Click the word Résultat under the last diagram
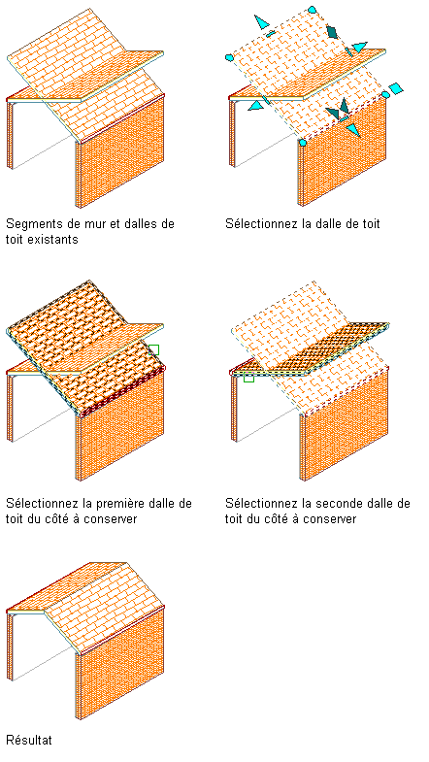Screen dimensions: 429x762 [29, 740]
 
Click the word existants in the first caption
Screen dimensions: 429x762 [57, 239]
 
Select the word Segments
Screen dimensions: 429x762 [29, 224]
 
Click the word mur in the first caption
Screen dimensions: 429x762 [81, 224]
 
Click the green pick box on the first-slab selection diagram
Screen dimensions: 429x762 [153, 349]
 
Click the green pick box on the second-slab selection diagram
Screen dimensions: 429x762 [248, 377]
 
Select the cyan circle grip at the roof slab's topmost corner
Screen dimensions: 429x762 [312, 10]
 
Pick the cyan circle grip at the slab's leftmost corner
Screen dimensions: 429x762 [229, 58]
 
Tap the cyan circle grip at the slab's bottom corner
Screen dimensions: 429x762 [303, 143]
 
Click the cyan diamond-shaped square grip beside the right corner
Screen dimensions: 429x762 [396, 89]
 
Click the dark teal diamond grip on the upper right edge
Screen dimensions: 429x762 [333, 32]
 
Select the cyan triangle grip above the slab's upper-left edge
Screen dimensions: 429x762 [261, 22]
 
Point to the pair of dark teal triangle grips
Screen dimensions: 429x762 [339, 110]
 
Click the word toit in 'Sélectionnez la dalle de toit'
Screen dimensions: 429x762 [371, 224]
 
